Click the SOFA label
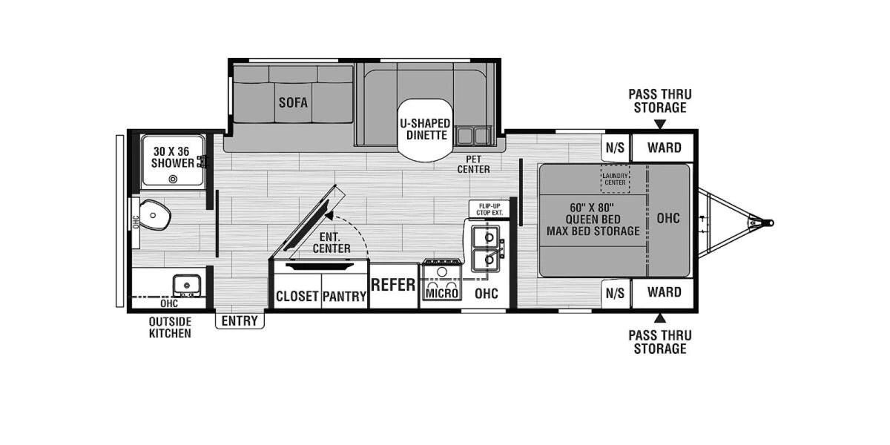pyautogui.click(x=293, y=102)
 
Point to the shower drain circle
pyautogui.click(x=173, y=179)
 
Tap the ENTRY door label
pyautogui.click(x=240, y=320)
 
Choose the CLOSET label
pyautogui.click(x=297, y=296)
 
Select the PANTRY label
pyautogui.click(x=344, y=296)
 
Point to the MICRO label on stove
pyautogui.click(x=442, y=293)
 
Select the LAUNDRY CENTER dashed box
pyautogui.click(x=614, y=177)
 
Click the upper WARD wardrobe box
pyautogui.click(x=663, y=148)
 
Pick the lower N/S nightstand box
pyautogui.click(x=615, y=293)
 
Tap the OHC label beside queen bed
pyautogui.click(x=668, y=218)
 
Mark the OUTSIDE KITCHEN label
pyautogui.click(x=170, y=327)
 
